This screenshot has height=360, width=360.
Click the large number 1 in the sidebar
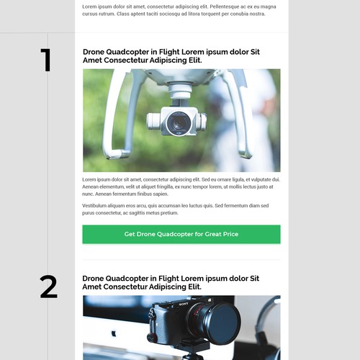point(46,60)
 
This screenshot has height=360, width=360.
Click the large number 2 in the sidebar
point(49,287)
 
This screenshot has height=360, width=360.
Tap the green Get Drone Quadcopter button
point(181,234)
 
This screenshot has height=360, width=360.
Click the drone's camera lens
point(179,123)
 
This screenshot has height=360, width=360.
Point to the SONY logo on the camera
point(184,305)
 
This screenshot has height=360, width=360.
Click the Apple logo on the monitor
point(114,333)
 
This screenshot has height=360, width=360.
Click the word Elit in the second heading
point(194,287)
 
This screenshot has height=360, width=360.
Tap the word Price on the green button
point(230,234)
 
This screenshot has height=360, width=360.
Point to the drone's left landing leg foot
point(117,153)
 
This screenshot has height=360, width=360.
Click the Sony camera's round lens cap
point(224,323)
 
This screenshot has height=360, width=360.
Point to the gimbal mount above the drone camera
point(180,94)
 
